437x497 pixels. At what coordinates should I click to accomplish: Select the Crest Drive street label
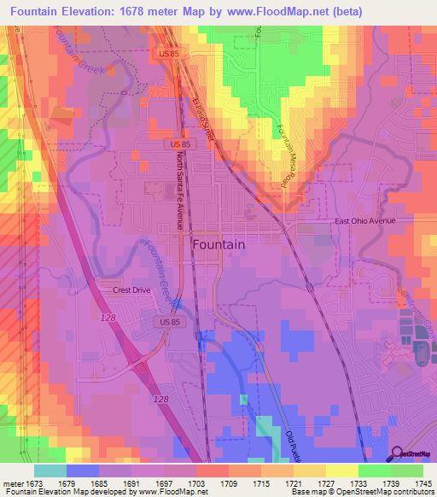pyautogui.click(x=131, y=290)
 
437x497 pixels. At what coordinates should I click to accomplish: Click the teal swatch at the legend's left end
pyautogui.click(x=50, y=471)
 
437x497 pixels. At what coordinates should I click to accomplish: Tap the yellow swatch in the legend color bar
pyautogui.click(x=341, y=471)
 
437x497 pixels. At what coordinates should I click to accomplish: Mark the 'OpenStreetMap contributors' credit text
pyautogui.click(x=383, y=492)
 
